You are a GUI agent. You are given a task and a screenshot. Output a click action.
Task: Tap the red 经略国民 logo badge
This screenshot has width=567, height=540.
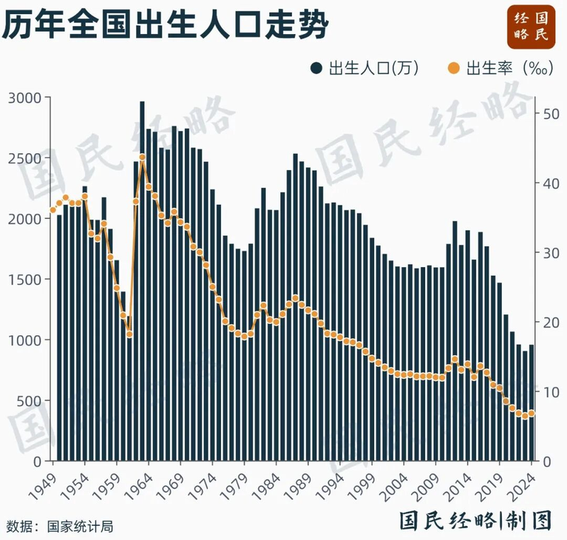(529, 25)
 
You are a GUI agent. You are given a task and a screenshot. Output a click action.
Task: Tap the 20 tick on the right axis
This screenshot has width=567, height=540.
(550, 322)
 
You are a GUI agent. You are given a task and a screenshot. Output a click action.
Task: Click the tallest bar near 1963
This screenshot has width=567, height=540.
(142, 283)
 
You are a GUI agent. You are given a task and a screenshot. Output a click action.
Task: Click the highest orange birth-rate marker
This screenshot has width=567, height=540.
(142, 157)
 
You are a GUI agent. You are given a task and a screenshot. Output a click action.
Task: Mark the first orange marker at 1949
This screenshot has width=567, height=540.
(52, 210)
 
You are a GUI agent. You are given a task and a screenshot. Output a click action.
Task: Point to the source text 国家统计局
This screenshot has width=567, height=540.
(80, 527)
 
